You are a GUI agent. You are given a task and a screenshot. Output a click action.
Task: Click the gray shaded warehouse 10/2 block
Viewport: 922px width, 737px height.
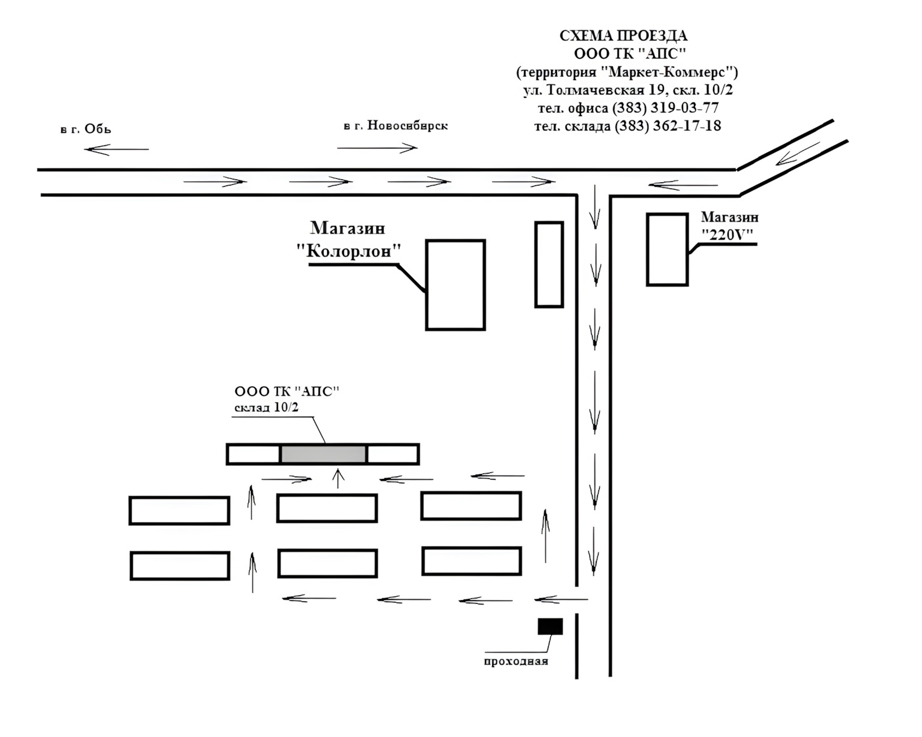point(324,454)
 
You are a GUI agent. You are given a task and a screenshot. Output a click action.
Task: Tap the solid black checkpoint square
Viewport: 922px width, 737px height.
point(550,627)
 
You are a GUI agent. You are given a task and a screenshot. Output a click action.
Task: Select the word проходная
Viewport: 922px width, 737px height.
point(516,661)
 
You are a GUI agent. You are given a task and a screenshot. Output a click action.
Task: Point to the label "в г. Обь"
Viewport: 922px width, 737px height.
point(86,128)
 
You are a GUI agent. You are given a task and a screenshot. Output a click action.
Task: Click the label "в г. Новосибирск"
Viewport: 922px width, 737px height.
point(396,125)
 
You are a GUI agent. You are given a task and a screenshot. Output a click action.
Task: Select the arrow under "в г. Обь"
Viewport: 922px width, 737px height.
point(116,149)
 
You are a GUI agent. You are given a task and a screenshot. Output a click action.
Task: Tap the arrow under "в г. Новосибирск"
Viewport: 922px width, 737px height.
point(377,148)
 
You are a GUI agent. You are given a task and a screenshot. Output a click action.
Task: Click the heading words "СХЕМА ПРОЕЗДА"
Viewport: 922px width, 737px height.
point(624,35)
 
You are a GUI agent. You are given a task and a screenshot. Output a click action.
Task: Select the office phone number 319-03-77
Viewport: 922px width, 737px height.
point(684,107)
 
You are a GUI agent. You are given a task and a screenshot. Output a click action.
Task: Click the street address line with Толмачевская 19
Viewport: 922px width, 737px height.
point(628,89)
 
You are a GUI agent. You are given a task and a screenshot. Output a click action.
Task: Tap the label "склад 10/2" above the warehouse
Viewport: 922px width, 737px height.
point(266,407)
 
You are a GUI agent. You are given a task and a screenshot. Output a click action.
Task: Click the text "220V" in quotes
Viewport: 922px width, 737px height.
point(727,235)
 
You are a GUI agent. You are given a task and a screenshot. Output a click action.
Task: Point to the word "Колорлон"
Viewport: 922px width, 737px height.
point(349,251)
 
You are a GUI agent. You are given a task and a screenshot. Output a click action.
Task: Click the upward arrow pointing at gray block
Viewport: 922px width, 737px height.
point(339,478)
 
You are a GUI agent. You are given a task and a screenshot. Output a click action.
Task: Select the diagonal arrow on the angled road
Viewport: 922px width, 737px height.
point(798,154)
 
